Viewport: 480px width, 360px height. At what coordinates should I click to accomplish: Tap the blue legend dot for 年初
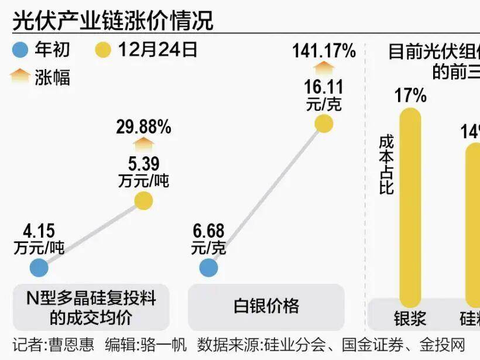(x=20, y=50)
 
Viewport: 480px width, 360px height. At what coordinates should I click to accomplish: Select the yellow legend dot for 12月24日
(x=102, y=50)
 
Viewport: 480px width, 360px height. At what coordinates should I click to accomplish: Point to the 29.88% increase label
(x=143, y=126)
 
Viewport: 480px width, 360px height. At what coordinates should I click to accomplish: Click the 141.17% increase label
(x=324, y=52)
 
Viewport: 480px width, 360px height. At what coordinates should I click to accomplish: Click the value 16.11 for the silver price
(x=323, y=88)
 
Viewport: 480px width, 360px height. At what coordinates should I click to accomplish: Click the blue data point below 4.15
(x=39, y=268)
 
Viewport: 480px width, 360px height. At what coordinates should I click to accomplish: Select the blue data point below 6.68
(x=208, y=268)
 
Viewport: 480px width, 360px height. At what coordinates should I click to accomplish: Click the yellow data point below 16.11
(x=323, y=124)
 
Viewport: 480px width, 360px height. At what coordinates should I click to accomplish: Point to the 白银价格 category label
(x=266, y=306)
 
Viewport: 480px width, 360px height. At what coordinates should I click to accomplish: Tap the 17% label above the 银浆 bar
(x=410, y=95)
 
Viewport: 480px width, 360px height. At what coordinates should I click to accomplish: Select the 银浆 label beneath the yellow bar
(x=410, y=319)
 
